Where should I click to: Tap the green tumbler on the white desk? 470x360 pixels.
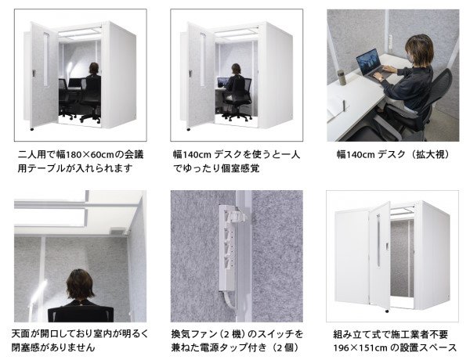click(342, 76)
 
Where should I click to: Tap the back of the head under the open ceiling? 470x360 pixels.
click(81, 283)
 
